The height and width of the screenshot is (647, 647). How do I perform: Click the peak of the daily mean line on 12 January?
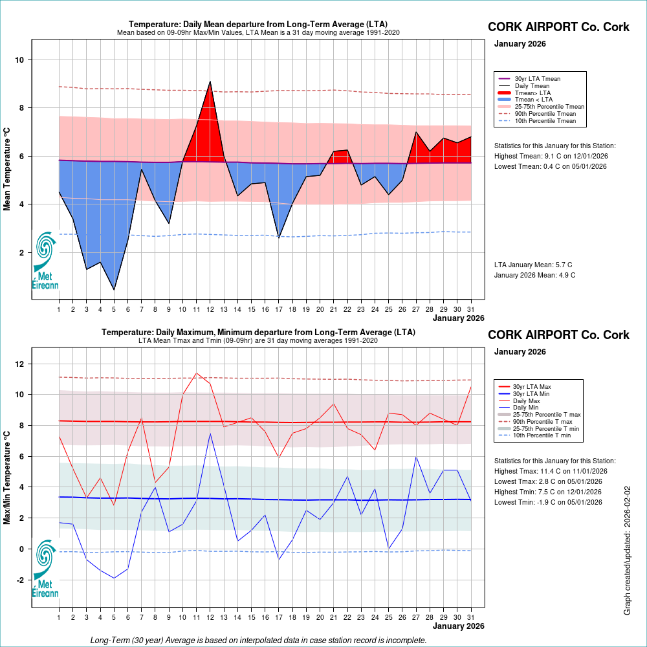pos(210,82)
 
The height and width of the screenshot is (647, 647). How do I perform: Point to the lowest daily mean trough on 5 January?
pos(114,289)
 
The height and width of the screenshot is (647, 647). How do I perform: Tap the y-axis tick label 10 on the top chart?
pos(20,60)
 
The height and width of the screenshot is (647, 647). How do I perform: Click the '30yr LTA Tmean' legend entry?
pos(537,79)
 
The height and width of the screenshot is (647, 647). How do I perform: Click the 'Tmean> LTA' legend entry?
pos(533,93)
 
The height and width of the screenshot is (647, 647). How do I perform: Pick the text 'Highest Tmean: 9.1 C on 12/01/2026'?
pos(551,156)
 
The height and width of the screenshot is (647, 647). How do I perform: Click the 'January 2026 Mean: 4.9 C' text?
pos(534,275)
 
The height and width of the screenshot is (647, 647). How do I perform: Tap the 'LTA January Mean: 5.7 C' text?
pos(533,265)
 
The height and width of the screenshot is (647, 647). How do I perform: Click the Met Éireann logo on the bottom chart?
pos(45,569)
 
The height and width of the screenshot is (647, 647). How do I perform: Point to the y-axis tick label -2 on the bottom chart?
pos(19,580)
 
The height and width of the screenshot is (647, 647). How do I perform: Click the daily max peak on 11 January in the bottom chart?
pos(197,373)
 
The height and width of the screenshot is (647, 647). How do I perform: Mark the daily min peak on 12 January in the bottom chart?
pos(210,433)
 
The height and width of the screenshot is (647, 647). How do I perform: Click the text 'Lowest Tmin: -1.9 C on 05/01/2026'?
pos(549,501)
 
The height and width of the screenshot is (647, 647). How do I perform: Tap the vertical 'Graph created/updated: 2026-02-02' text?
pos(627,550)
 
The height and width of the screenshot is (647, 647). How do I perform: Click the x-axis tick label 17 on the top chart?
pos(279,309)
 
